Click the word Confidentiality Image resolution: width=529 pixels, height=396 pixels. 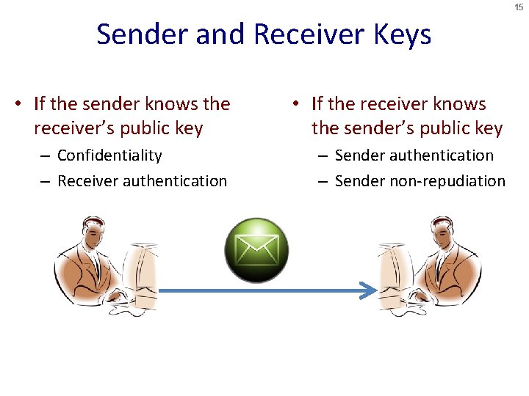click(x=109, y=155)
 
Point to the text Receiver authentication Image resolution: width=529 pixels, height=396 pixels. click(x=142, y=180)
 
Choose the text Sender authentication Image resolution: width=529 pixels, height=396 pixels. click(x=414, y=155)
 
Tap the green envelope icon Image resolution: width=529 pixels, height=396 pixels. click(x=256, y=250)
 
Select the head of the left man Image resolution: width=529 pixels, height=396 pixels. click(x=93, y=235)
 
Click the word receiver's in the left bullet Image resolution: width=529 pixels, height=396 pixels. click(x=78, y=128)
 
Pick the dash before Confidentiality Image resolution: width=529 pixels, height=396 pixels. click(x=46, y=156)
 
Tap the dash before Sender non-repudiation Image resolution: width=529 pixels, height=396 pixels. click(x=323, y=181)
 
